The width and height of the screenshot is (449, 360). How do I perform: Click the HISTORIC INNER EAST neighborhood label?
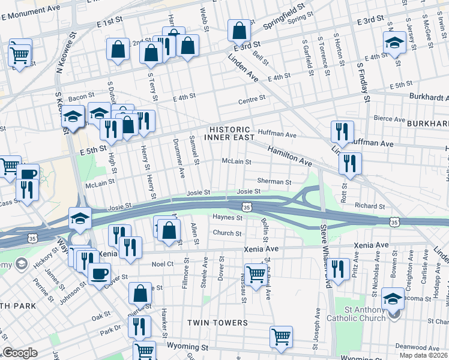[x=229, y=133]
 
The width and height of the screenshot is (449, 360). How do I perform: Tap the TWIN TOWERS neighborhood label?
[x=217, y=323]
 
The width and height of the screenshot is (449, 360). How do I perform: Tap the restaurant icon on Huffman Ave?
[x=342, y=131]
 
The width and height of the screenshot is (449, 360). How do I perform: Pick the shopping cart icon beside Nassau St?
[x=256, y=274]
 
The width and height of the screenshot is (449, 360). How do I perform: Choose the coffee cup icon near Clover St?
[x=99, y=274]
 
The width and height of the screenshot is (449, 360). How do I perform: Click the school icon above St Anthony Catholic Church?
[x=393, y=298]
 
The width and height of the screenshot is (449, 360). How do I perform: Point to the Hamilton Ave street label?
[x=290, y=157]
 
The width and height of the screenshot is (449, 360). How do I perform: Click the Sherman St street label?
[x=274, y=181]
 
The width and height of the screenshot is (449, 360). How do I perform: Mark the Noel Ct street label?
[x=163, y=263]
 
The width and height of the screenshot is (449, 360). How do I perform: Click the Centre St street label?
[x=252, y=99]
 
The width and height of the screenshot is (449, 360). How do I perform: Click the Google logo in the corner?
[x=20, y=353]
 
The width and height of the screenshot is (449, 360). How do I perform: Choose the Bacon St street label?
[x=82, y=96]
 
